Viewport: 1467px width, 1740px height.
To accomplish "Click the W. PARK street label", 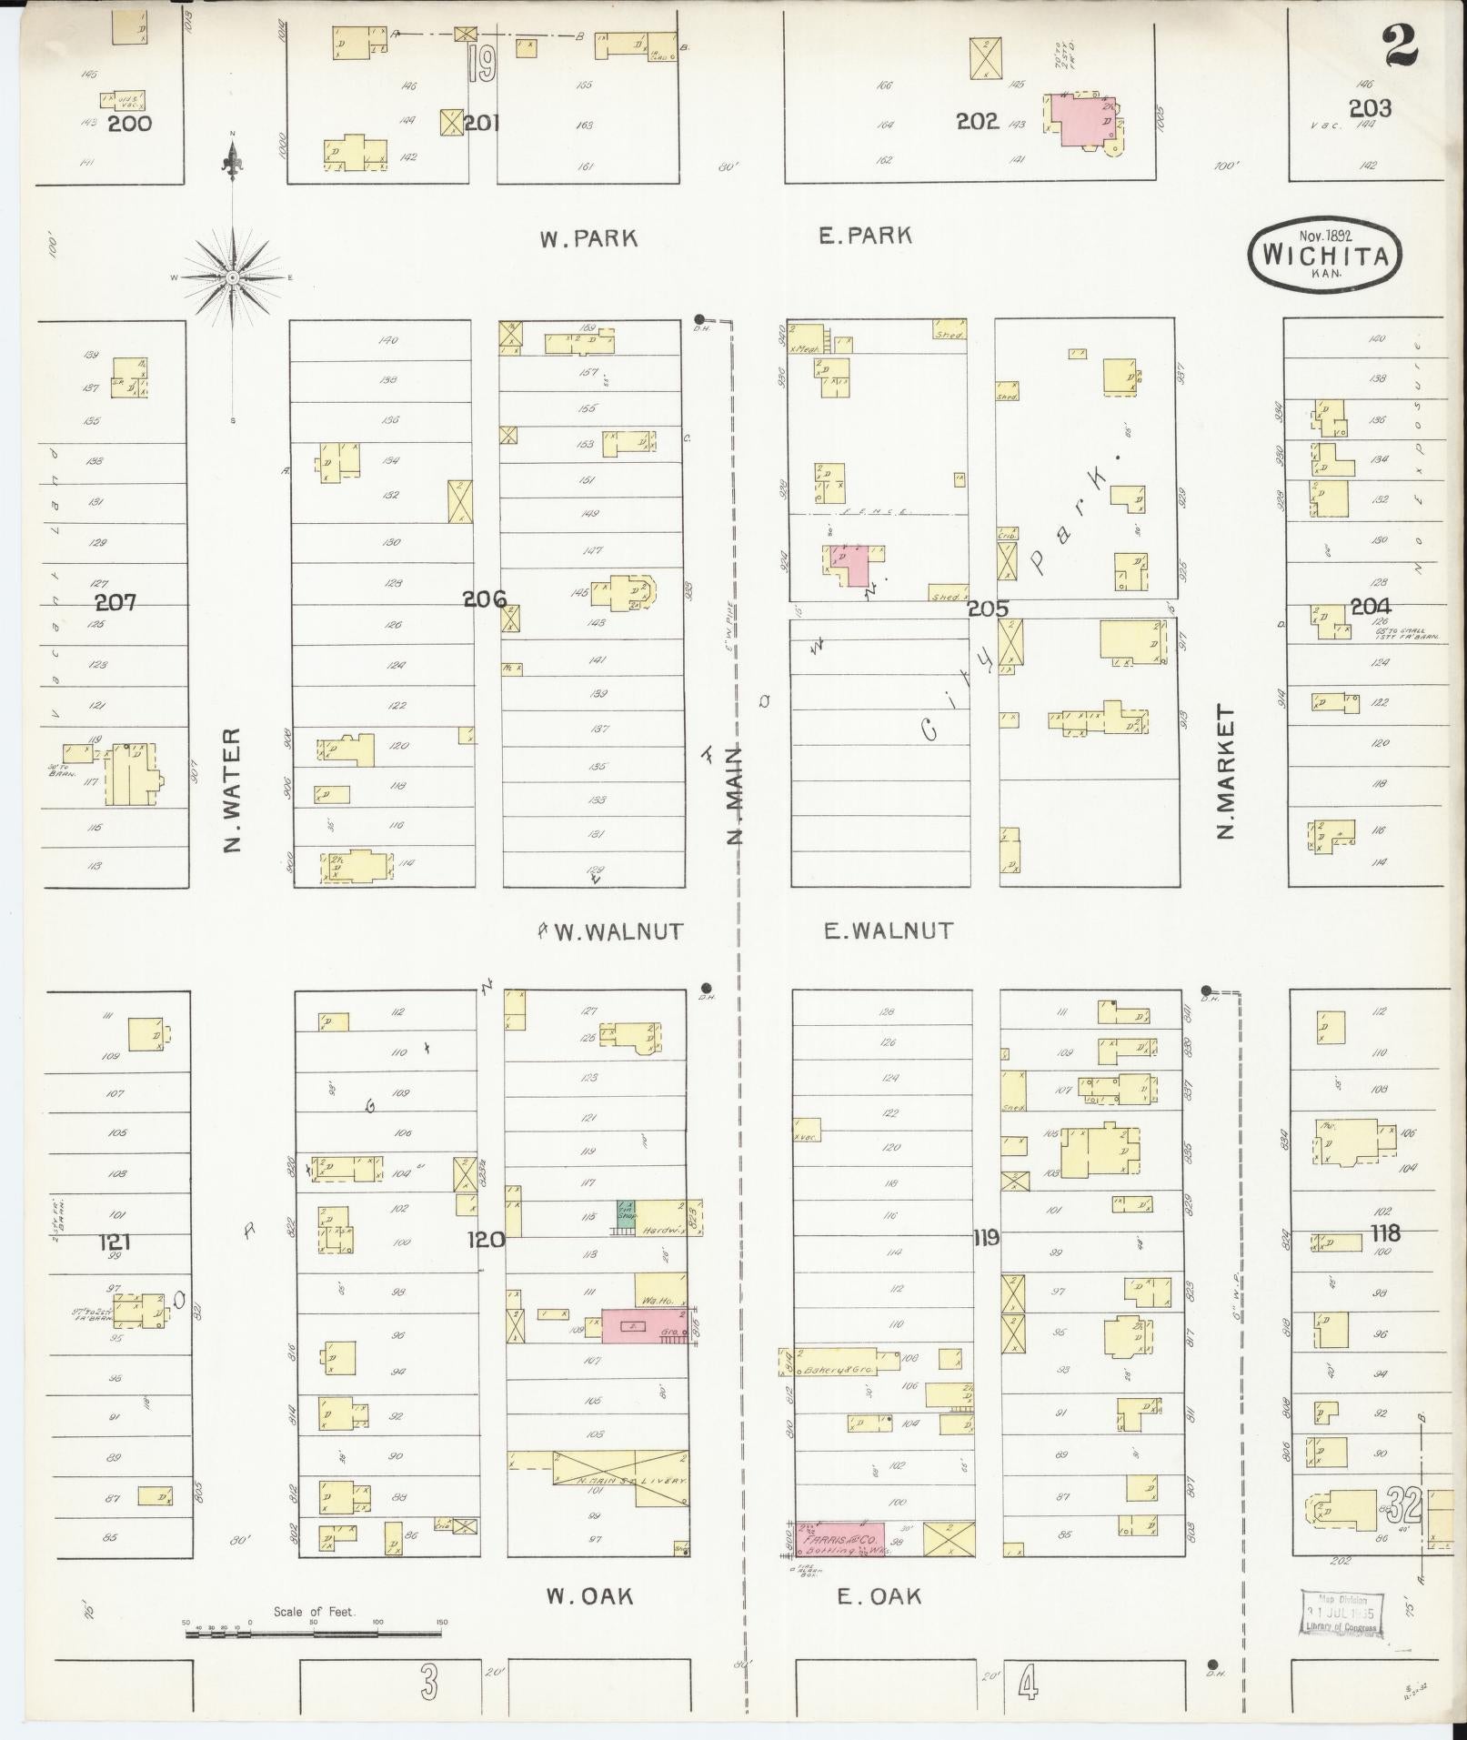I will pos(588,239).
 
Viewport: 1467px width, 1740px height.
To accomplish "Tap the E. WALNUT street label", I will pos(888,930).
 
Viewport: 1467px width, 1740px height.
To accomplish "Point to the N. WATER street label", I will pos(233,790).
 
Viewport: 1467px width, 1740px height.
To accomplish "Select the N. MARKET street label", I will pos(1226,772).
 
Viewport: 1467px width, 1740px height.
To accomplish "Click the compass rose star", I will pos(233,277).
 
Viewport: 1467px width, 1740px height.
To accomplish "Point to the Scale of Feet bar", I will pos(314,1634).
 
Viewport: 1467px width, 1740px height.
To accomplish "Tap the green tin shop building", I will pos(626,1212).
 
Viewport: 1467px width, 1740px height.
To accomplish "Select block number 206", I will pos(485,598).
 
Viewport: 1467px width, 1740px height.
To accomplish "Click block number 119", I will pos(985,1238).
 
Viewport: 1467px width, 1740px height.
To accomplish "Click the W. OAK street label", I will pos(588,1595).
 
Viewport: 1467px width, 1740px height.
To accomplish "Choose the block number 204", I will pos(1370,607).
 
